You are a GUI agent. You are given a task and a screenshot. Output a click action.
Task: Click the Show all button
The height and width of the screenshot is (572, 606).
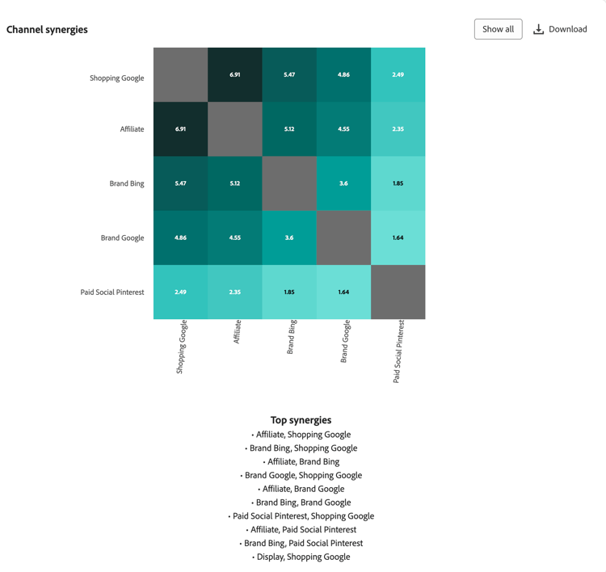tap(498, 29)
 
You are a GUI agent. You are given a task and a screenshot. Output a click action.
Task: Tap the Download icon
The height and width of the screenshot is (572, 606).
tap(538, 29)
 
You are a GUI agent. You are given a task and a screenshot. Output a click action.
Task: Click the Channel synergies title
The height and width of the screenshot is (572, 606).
tap(47, 30)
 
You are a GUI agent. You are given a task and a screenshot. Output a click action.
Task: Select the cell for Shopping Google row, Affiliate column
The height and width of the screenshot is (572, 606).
tap(235, 74)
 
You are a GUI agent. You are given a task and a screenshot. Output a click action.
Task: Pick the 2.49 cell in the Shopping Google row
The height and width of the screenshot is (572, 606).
tap(398, 74)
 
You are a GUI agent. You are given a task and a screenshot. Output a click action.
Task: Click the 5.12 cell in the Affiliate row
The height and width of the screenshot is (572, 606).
tap(289, 129)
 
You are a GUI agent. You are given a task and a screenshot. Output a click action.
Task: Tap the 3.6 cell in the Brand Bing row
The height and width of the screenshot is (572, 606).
tap(343, 183)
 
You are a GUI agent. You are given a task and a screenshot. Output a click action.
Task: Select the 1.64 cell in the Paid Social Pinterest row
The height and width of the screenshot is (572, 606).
tap(343, 292)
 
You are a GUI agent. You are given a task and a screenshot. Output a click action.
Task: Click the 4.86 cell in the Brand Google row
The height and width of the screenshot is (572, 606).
tap(181, 238)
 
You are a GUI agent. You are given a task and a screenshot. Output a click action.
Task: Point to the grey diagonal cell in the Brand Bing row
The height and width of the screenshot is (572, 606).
tap(289, 183)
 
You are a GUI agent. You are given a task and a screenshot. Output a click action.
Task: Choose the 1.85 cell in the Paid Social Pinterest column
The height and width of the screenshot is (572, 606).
tap(398, 183)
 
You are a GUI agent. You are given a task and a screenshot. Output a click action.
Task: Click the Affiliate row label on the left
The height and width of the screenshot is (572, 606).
tap(132, 129)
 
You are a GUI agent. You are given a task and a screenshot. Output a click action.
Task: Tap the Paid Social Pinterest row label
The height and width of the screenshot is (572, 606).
tap(112, 292)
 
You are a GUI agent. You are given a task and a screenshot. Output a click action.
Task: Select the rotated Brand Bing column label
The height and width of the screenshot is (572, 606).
tap(292, 338)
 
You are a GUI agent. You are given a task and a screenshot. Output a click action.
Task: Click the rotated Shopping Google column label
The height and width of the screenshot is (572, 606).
tap(182, 347)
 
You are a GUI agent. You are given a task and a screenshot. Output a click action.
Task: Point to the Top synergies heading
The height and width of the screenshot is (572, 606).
tap(301, 420)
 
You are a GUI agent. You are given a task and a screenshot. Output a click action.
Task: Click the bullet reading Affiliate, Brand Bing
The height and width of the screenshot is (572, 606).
tap(303, 462)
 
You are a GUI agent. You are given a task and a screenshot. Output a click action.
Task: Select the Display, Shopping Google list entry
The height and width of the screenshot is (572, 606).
tap(303, 557)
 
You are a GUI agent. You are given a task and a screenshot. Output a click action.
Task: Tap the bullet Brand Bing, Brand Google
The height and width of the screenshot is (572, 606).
tap(303, 503)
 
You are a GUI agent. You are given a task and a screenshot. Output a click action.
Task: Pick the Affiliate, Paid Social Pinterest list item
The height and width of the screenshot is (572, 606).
tap(303, 530)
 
